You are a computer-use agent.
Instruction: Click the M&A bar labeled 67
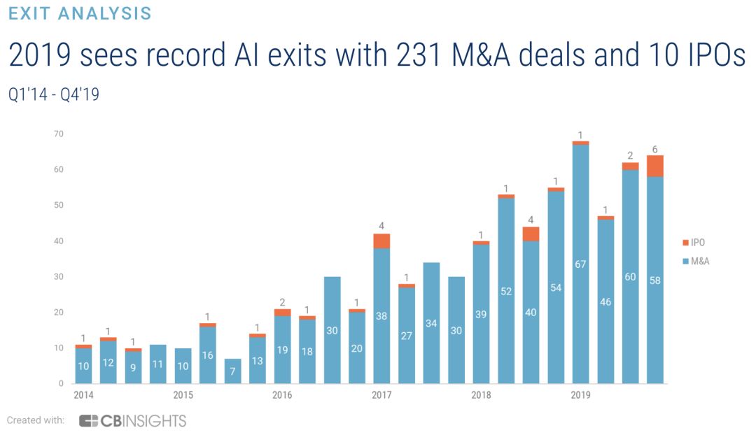coord(580,264)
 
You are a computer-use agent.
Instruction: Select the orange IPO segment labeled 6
coord(655,166)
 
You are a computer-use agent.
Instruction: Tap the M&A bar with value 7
coord(232,371)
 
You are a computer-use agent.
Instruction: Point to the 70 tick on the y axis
coord(59,134)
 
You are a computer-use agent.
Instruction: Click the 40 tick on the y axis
coord(59,241)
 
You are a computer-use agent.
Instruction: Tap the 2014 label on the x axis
coord(83,396)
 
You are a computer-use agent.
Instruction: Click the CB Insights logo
coord(133,420)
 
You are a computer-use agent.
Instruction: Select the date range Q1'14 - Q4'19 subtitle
coord(54,94)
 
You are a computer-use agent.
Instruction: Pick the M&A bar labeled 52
coord(506,291)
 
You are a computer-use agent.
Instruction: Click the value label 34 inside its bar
coord(431,323)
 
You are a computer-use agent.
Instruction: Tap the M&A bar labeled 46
coord(605,301)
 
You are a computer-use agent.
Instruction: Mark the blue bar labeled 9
coord(133,367)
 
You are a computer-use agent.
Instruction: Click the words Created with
coord(36,420)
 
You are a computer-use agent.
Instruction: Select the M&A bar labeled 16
coord(207,355)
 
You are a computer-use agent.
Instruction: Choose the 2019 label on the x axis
coord(580,396)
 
